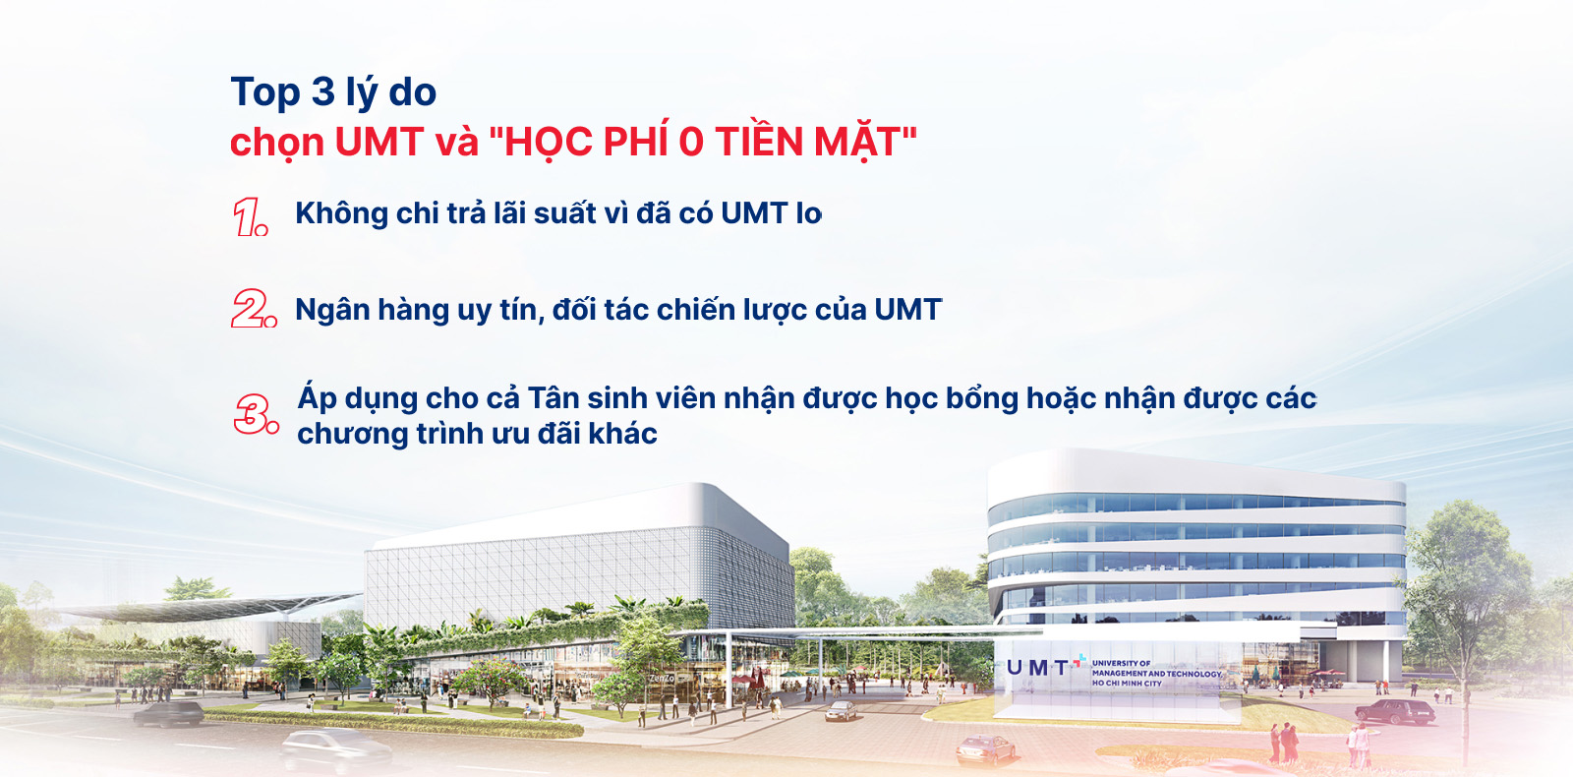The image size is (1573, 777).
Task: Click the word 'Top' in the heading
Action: click(265, 92)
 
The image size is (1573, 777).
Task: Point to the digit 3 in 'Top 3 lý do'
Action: click(322, 91)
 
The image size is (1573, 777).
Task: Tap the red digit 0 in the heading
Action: click(691, 142)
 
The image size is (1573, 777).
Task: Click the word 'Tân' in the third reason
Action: click(553, 397)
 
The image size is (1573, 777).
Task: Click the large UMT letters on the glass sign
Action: click(1038, 668)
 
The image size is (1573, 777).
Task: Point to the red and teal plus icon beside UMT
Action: click(1078, 660)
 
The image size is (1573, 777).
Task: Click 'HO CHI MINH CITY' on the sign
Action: click(1127, 683)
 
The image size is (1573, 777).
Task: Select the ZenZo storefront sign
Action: click(662, 678)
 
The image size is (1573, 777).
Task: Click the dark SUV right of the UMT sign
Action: click(1395, 711)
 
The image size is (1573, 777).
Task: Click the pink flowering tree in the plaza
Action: click(492, 680)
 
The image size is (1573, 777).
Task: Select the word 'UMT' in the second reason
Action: click(908, 310)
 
